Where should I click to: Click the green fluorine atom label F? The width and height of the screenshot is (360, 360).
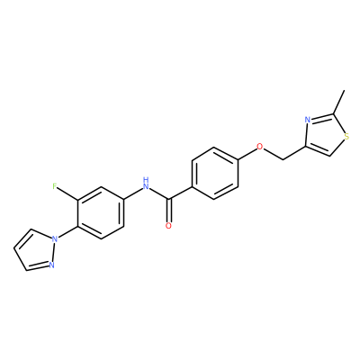pos(55,186)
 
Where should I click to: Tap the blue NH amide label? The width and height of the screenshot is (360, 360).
pos(146,184)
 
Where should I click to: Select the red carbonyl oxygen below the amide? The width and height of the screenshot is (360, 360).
pos(168,226)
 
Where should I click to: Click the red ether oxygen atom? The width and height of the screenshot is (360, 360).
pos(260,147)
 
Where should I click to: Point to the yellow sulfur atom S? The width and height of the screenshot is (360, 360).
pos(346,137)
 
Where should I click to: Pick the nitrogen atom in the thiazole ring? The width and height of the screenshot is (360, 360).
pos(307,120)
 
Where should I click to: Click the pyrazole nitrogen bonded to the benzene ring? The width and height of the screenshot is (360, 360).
pos(55,238)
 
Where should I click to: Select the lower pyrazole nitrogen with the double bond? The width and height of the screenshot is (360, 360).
pos(51,265)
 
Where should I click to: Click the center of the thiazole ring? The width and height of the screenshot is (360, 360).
pos(325,135)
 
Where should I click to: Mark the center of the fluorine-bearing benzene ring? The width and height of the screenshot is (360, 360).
pos(101,212)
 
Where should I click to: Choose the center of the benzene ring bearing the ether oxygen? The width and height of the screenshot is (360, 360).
pos(214,173)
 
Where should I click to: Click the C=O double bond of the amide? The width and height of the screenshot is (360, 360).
pos(169,211)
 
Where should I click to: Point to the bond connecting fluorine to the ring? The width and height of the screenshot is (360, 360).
pos(67,193)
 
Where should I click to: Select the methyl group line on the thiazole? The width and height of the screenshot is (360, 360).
pos(338,102)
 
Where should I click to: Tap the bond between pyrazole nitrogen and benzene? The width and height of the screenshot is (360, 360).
pos(67,232)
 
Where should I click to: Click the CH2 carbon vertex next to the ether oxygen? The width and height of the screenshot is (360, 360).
pos(283,160)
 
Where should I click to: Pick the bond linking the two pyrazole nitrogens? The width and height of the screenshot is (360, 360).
pos(53,252)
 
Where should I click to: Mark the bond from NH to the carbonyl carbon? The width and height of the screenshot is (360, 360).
pos(159,193)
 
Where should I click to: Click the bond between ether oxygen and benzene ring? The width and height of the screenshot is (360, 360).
pos(247,154)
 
